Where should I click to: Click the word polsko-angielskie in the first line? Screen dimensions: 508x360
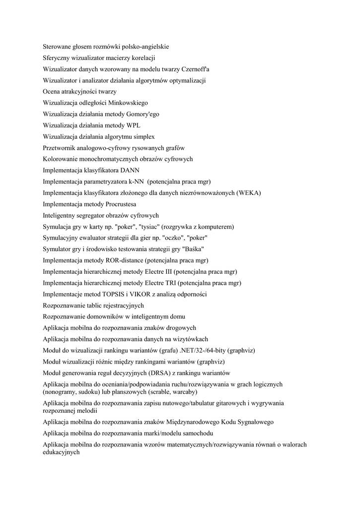tap(145, 47)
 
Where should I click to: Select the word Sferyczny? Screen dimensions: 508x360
tap(58, 58)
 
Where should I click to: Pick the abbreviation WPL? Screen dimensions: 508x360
tap(134, 126)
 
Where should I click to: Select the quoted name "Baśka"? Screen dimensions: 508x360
tap(193, 249)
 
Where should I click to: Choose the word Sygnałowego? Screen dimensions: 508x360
tap(251, 422)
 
